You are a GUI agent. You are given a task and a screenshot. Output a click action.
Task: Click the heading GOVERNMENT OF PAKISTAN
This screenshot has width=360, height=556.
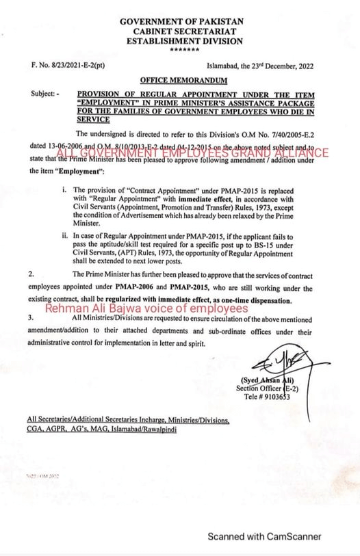pos(181,23)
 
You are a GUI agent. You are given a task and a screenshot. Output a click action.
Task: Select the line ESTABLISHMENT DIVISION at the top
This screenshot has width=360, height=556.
pos(181,41)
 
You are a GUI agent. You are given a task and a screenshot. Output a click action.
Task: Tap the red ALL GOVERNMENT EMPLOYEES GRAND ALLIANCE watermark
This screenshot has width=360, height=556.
pos(192,153)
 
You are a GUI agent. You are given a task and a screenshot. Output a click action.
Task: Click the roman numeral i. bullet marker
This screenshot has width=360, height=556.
pos(64,188)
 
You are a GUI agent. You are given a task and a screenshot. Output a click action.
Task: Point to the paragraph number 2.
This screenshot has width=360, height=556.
pos(31,273)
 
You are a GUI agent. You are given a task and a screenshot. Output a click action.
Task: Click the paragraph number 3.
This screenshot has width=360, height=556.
pos(31,318)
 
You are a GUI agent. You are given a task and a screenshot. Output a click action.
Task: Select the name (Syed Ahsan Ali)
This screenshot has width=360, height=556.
pos(268,380)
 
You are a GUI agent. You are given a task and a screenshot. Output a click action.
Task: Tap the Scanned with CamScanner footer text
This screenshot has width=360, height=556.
pos(264,537)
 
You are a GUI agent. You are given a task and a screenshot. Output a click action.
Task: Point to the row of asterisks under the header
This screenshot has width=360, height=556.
pos(181,50)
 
